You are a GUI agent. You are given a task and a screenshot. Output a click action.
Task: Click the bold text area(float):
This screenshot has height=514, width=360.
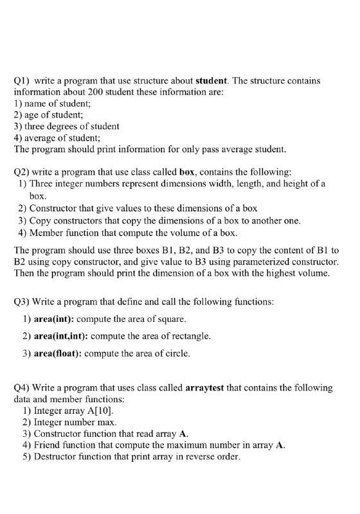[x=55, y=353]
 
